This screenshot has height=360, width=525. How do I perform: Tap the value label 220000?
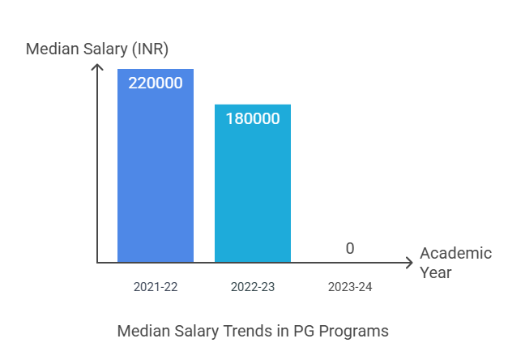(x=156, y=82)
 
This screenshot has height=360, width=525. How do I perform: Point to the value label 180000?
(x=253, y=118)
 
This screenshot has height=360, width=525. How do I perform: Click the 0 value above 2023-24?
(x=350, y=248)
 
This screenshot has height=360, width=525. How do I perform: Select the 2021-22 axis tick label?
(x=156, y=287)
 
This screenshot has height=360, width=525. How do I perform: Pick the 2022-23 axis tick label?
(x=253, y=287)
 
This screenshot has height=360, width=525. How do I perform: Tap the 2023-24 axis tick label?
(x=350, y=287)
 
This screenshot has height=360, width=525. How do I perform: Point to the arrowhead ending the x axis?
(x=409, y=262)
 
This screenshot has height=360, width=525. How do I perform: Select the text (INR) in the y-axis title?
(x=150, y=49)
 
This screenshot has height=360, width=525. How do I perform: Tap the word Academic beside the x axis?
(x=455, y=253)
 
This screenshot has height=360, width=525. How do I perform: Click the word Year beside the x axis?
(x=436, y=272)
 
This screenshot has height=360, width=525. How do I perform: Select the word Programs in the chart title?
(x=351, y=331)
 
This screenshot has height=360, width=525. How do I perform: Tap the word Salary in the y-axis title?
(x=105, y=49)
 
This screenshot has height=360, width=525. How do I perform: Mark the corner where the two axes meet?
(x=97, y=262)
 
